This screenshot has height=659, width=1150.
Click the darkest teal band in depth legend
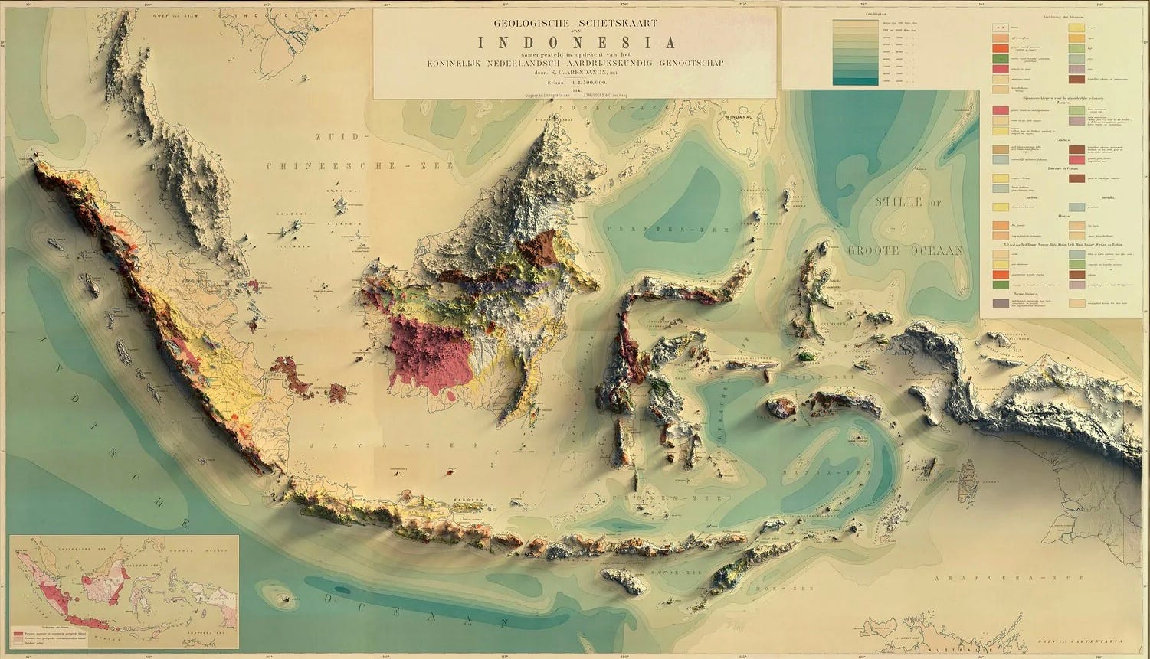854,81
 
